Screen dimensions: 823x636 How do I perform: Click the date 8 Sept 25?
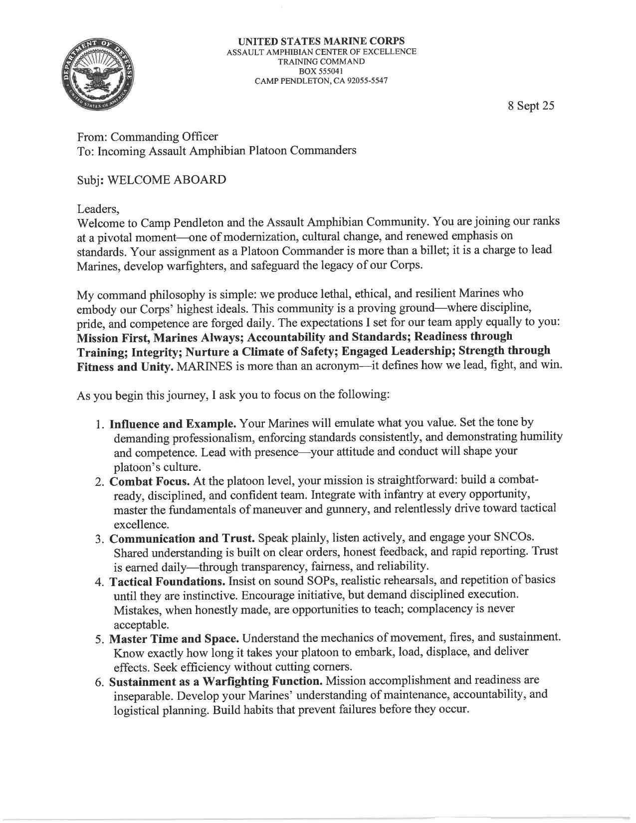530,106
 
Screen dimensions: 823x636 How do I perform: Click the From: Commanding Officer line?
147,136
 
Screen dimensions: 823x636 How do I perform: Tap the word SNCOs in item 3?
519,539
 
